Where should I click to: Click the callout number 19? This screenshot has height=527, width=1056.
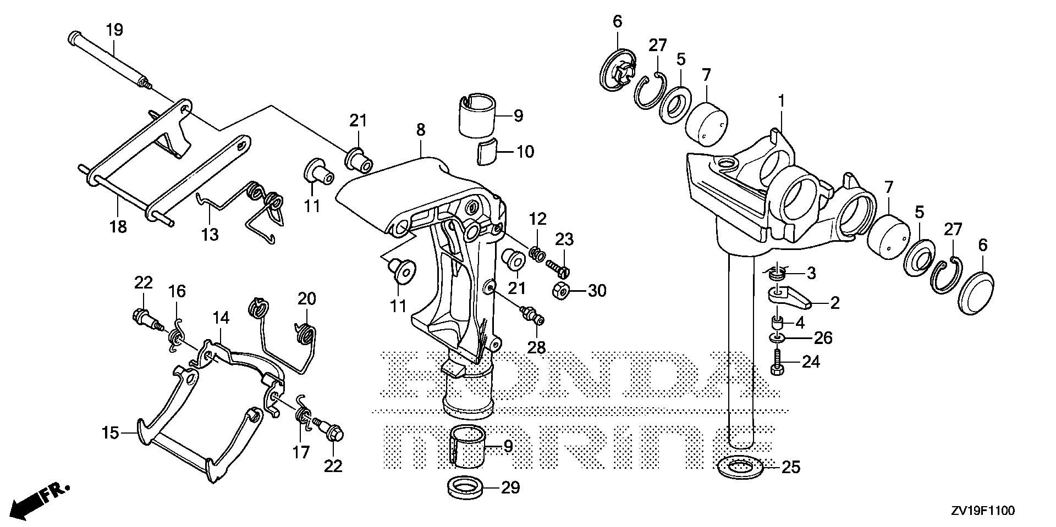point(114,30)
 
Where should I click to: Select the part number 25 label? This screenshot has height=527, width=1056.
point(791,468)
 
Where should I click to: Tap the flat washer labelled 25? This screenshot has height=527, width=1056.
point(740,468)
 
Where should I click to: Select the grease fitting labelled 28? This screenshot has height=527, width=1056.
point(531,315)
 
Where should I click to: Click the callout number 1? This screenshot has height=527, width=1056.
point(782,102)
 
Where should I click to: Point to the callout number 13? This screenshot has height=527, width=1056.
point(210,235)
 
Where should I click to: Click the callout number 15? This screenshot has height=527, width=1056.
point(110,433)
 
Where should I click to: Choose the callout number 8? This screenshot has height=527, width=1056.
point(420,130)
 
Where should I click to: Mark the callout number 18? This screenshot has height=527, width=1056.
point(118,226)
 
